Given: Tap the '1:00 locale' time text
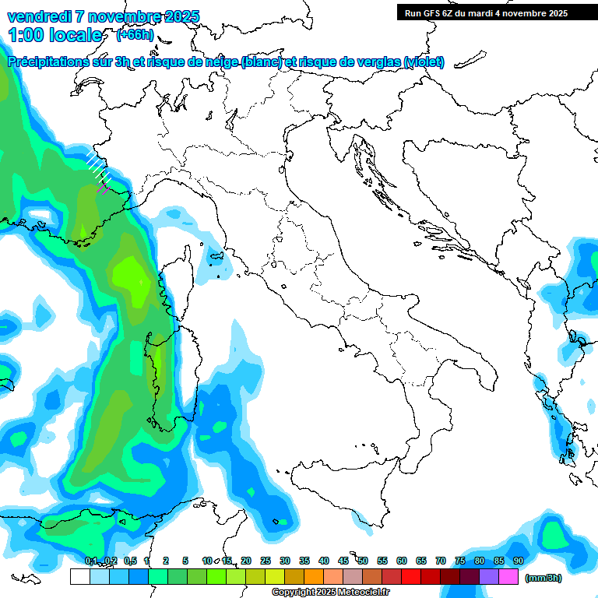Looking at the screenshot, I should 55,35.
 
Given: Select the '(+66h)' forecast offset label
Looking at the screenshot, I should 135,35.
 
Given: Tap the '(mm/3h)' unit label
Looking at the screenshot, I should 543,578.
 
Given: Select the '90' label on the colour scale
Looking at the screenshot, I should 519,561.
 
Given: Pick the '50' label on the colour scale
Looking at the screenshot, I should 363,561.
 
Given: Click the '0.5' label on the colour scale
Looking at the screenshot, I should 129,561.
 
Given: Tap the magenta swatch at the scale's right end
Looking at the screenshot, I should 508,576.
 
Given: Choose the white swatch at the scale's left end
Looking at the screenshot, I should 79,576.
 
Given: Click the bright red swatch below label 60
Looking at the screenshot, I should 411,576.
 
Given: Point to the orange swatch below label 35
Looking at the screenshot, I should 314,576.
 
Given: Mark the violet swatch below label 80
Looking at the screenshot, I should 489,576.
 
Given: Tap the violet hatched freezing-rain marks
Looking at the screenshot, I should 102,188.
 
